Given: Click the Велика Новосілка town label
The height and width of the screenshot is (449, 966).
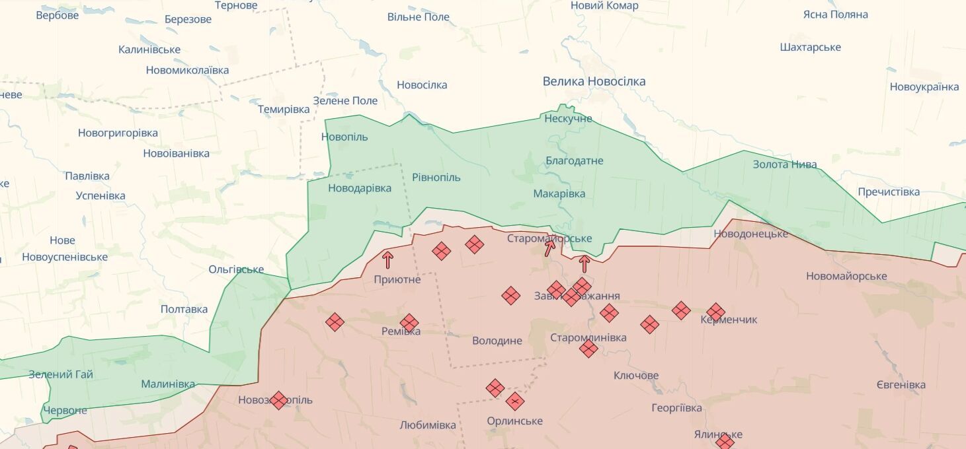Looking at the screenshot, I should (594, 81).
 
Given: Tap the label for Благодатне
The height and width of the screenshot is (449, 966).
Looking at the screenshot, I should (574, 160).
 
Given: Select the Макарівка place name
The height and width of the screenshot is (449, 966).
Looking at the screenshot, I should (559, 193).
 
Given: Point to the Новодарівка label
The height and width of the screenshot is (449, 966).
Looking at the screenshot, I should (360, 188).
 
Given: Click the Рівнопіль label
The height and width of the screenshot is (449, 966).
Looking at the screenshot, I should (436, 177).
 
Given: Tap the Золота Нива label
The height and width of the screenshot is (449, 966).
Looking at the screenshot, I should (785, 164).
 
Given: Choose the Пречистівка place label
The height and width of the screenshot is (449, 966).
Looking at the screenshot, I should (889, 191).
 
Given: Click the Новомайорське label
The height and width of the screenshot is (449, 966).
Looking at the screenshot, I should (846, 276).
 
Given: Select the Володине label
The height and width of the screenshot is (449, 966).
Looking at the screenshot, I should (497, 341).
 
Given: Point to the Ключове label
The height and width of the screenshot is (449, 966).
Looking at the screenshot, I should (636, 375).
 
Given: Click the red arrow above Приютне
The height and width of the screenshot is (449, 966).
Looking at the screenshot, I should (387, 259).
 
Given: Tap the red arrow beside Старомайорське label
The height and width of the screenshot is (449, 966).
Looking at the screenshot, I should (550, 248).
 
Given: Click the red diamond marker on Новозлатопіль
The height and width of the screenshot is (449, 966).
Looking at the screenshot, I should (279, 399).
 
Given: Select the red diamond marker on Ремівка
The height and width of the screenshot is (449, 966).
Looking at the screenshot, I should (409, 323).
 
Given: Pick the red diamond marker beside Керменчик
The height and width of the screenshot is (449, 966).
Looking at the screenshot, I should (715, 312).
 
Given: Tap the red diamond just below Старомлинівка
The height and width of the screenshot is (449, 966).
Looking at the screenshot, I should (588, 349).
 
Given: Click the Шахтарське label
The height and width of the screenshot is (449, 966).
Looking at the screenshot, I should (810, 47).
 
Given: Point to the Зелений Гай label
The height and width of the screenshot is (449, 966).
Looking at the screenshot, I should (61, 374).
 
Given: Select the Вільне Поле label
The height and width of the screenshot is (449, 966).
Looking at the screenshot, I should (418, 17).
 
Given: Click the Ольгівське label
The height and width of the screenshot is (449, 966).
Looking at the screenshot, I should (236, 269).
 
